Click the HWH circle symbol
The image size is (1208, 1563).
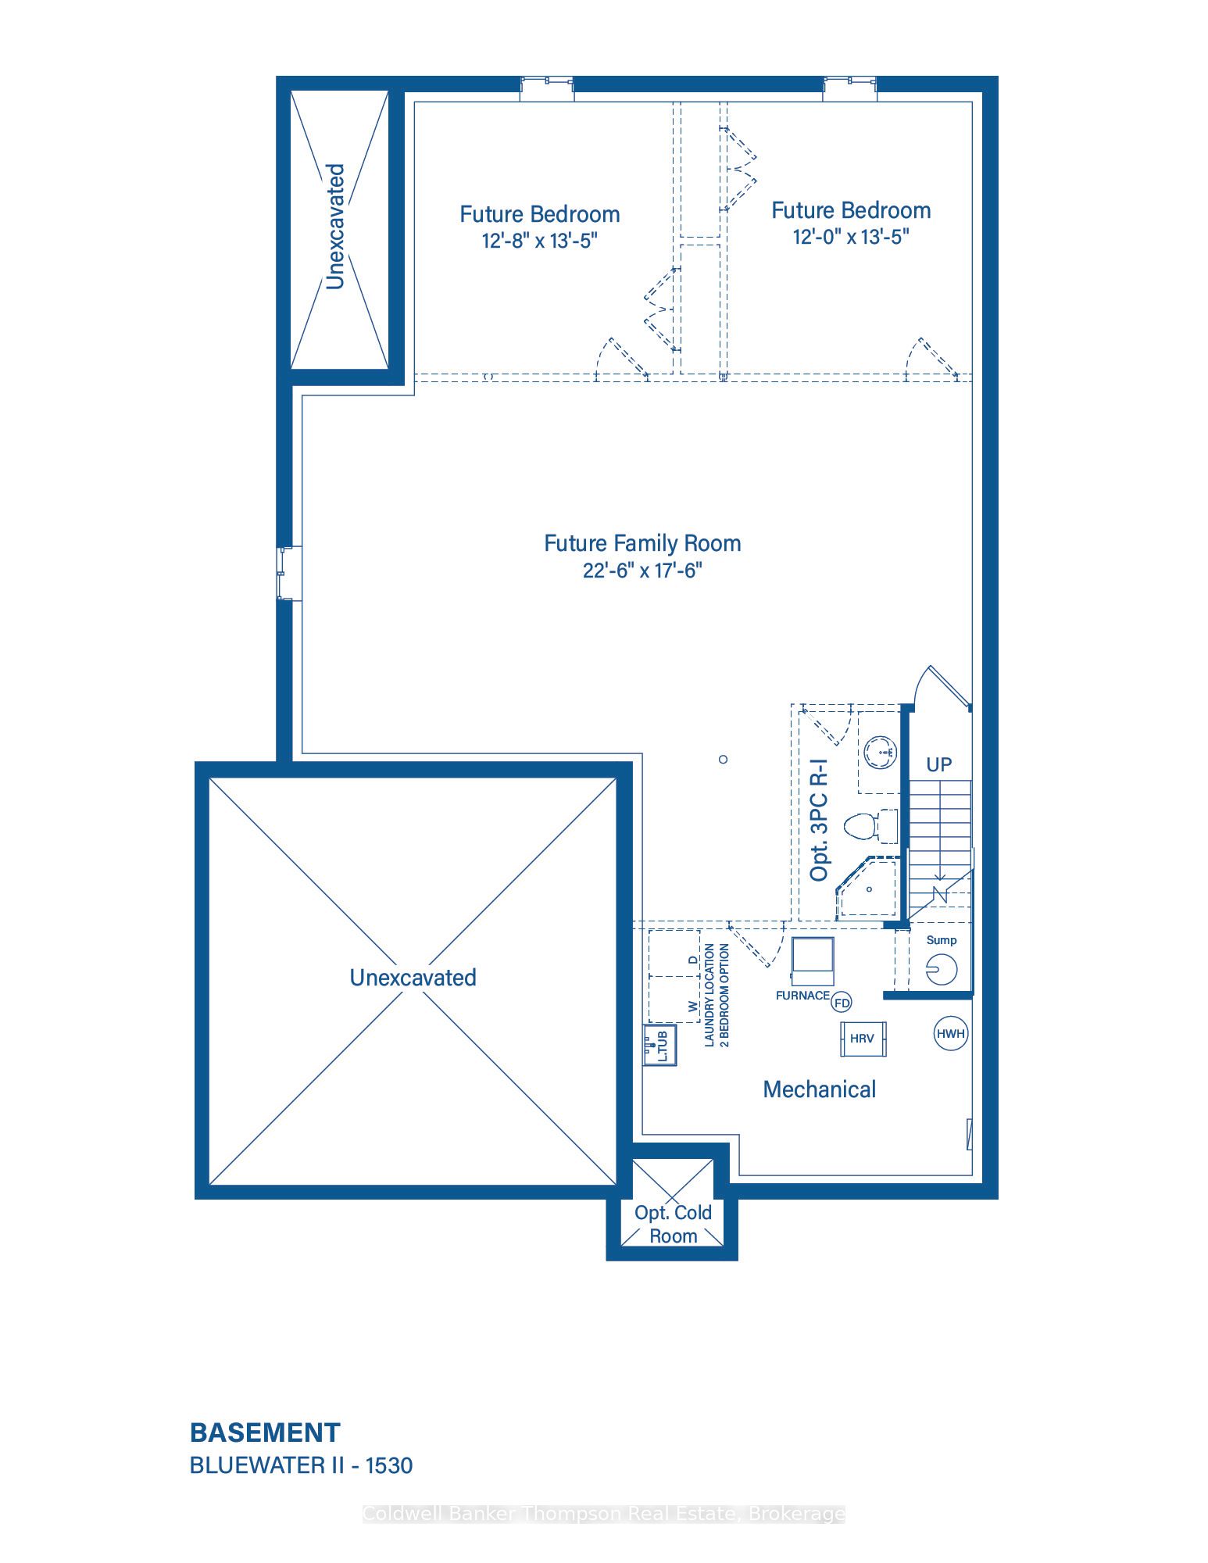pos(950,1033)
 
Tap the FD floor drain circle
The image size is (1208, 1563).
pos(842,1003)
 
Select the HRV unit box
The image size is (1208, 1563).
pos(863,1039)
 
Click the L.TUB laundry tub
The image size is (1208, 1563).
pos(659,1045)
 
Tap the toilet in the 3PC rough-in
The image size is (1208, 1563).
pos(871,826)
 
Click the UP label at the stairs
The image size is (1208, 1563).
pos(938,764)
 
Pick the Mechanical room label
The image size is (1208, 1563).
pos(819,1089)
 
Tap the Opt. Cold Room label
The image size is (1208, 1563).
pos(673,1224)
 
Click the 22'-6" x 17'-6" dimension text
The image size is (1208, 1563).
pos(642,570)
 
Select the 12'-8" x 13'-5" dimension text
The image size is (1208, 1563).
pos(539,240)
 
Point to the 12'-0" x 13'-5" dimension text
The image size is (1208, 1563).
pos(851,237)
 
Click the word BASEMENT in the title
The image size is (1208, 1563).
pos(265,1432)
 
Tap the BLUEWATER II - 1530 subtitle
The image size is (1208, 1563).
pos(301,1465)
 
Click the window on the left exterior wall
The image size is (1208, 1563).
pos(288,574)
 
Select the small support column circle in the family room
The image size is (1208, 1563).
pos(724,759)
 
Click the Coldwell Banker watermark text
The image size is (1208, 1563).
pos(604,1514)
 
